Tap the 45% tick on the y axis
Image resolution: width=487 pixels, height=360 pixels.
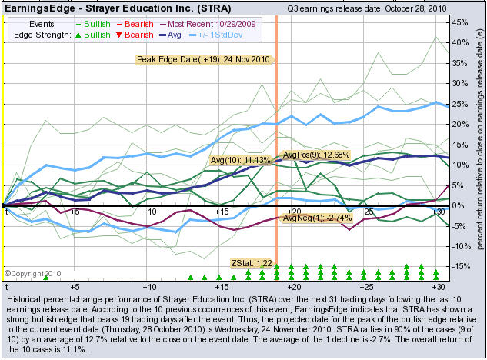coord(459,22)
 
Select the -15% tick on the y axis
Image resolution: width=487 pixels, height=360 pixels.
coord(459,267)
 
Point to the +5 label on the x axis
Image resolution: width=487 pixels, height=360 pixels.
coord(75,212)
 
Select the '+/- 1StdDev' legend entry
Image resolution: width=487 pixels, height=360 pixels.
coord(236,35)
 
